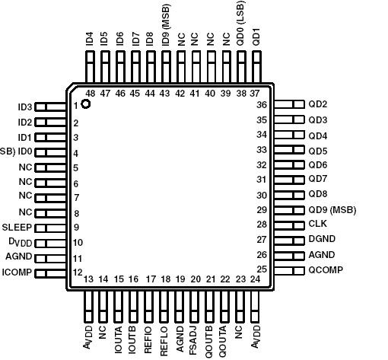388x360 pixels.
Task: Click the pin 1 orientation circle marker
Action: coord(86,104)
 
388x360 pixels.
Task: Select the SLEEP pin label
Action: coord(16,227)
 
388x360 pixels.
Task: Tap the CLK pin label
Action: coord(317,225)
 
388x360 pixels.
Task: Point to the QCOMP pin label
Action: coord(326,269)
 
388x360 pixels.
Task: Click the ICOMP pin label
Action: coord(17,272)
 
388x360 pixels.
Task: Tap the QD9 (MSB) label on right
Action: coord(332,209)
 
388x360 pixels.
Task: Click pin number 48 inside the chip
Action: coord(90,93)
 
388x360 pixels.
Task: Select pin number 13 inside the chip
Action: coord(89,279)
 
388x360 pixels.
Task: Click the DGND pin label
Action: coord(322,239)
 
